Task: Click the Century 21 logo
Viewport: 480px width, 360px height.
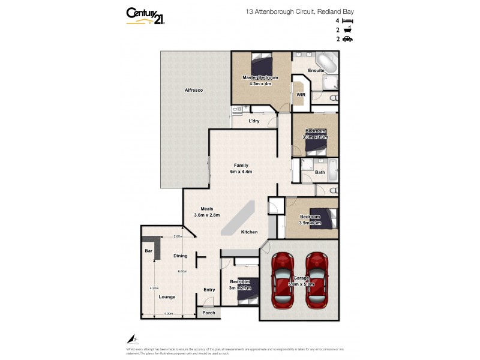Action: click(x=146, y=16)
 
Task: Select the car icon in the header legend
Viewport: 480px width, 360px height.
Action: click(x=347, y=39)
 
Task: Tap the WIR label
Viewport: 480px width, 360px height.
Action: click(x=301, y=95)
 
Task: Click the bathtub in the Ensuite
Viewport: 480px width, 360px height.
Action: click(x=328, y=62)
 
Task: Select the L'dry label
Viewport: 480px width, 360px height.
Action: click(x=254, y=121)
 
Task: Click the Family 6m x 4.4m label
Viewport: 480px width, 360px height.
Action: click(x=241, y=169)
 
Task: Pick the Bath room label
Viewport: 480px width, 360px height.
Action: click(x=320, y=172)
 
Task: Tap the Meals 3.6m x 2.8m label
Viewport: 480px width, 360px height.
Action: click(x=207, y=212)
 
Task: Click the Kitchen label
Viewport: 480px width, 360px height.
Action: click(x=249, y=232)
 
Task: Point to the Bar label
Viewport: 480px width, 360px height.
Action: click(x=148, y=251)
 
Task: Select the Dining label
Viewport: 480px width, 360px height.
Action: click(x=180, y=256)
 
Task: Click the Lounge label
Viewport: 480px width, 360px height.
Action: click(x=166, y=296)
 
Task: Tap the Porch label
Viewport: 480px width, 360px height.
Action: click(x=208, y=313)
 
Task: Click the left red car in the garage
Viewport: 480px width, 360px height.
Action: click(x=282, y=277)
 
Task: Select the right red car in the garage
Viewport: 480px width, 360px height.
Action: click(x=317, y=277)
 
